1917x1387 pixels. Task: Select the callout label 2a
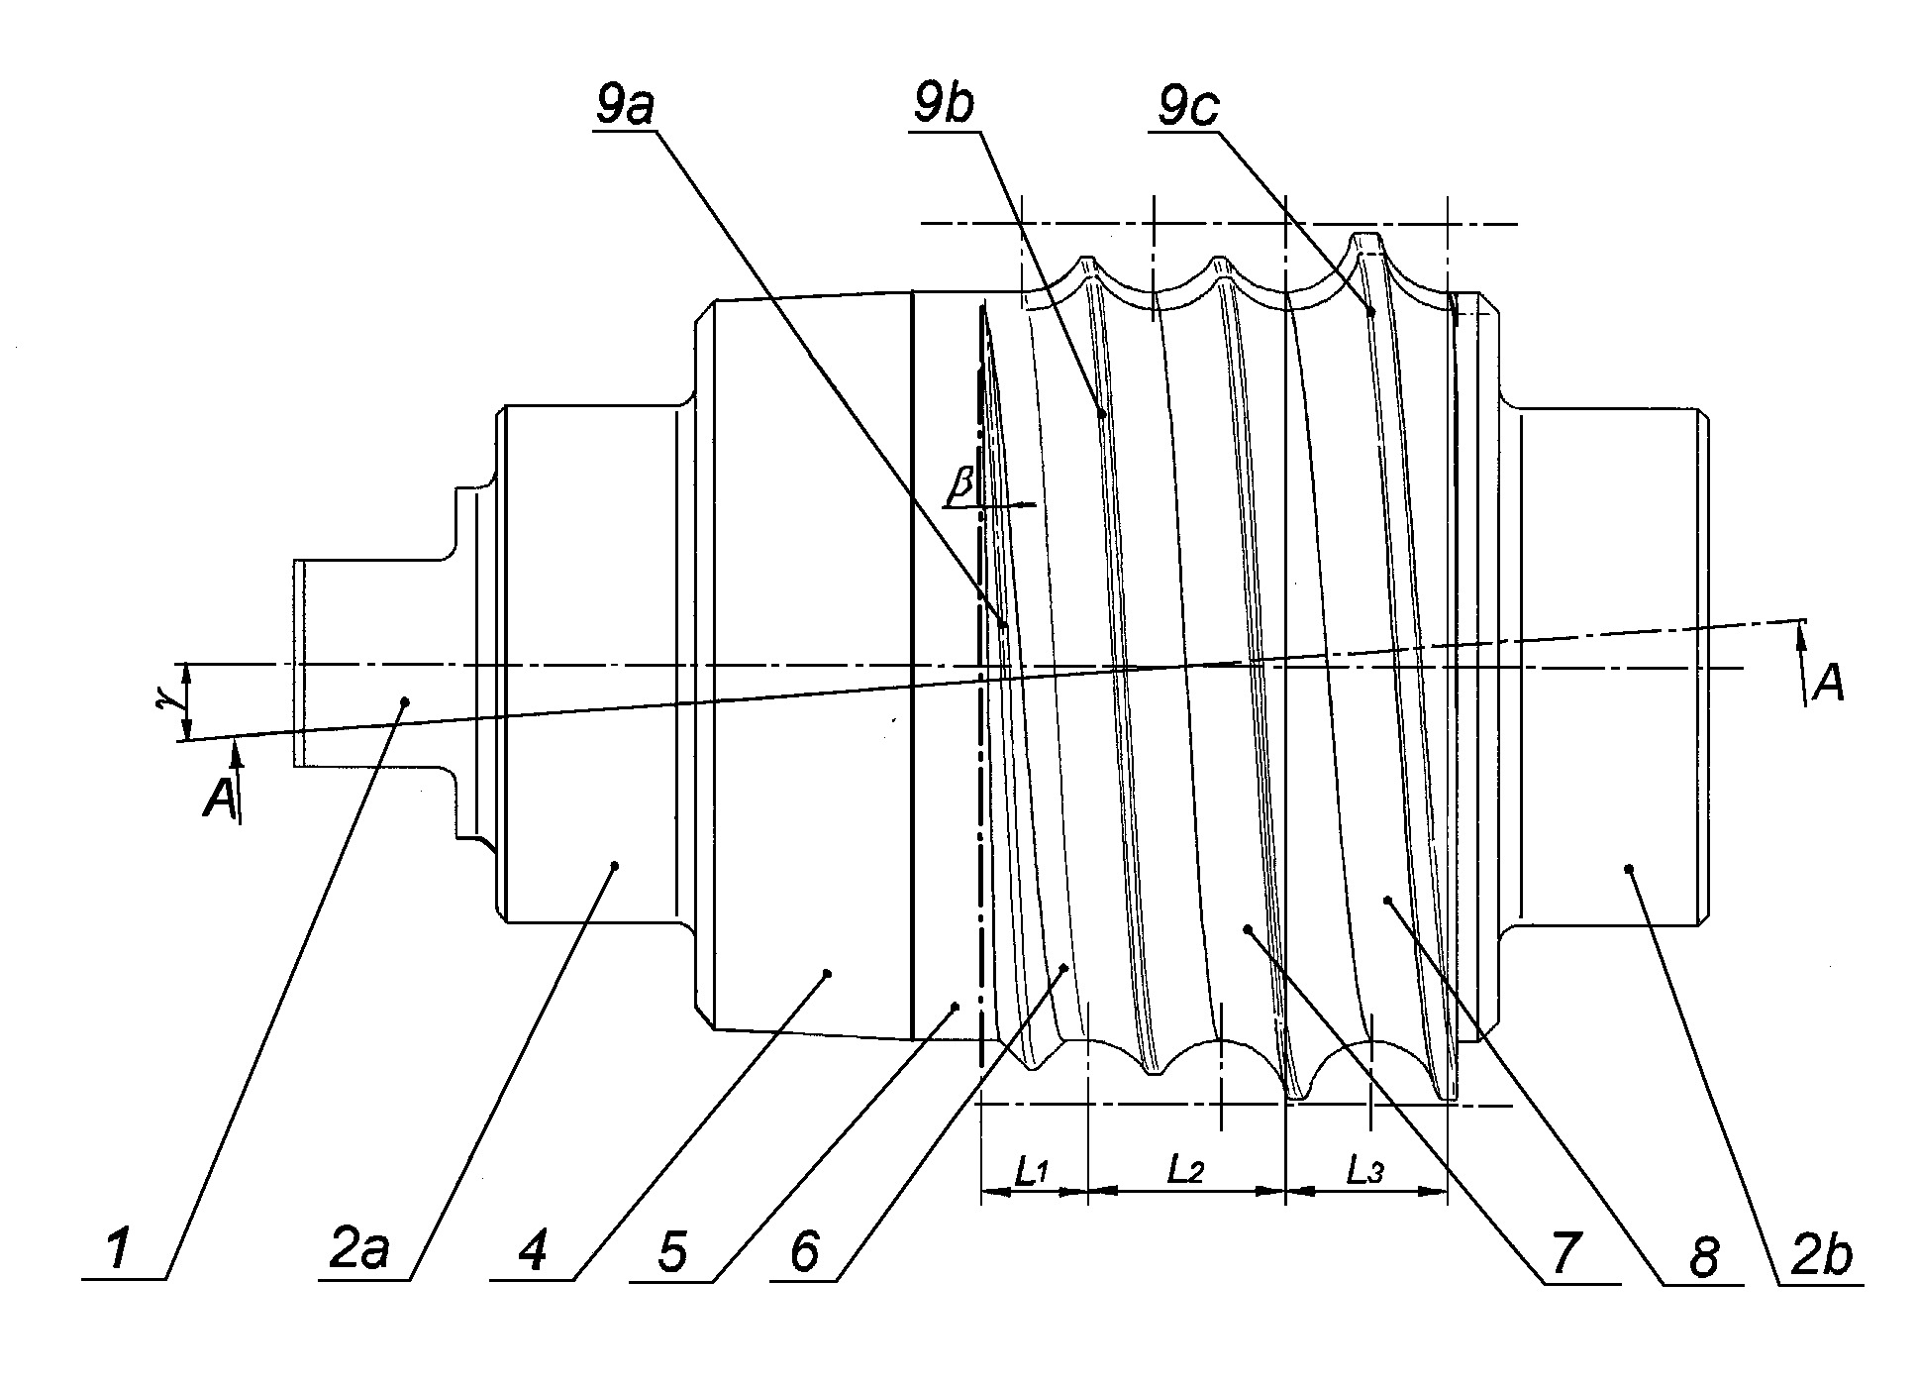[x=359, y=1249]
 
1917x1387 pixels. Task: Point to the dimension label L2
[x=1185, y=1171]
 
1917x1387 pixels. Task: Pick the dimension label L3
[x=1363, y=1172]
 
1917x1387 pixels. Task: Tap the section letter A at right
[x=1827, y=683]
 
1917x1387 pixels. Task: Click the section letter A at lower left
[x=219, y=799]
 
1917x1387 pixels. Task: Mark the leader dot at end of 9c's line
[x=1371, y=312]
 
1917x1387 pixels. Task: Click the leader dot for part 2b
[x=1628, y=869]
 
